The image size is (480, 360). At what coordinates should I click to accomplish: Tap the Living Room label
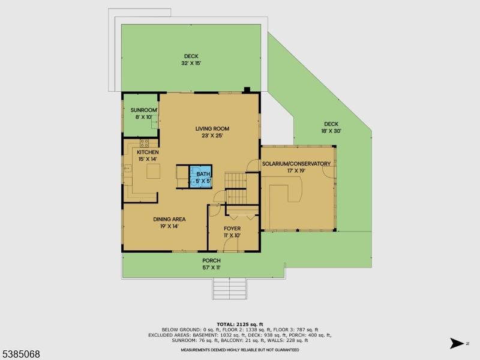point(212,128)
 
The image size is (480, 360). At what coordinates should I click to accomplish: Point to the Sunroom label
point(144,110)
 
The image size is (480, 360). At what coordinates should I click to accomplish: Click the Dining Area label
point(169,219)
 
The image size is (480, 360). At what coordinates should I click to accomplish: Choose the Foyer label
point(232,229)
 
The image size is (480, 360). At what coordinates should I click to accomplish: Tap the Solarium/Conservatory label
point(296,164)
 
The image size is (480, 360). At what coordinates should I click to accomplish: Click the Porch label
point(211,260)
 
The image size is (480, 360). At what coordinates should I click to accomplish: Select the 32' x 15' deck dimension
point(191,64)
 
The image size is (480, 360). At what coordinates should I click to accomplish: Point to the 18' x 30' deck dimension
point(331,131)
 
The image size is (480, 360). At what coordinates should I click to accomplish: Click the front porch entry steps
point(229,289)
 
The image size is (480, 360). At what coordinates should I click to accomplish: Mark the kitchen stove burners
point(144,143)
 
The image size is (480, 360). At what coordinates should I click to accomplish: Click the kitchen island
point(153,172)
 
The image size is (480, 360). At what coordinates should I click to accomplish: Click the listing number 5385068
point(21,354)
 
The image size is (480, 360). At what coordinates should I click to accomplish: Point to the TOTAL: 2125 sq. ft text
point(239,324)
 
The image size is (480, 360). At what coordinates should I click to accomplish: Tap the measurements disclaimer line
point(239,349)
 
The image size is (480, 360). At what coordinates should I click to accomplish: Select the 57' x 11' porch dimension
point(211,267)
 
